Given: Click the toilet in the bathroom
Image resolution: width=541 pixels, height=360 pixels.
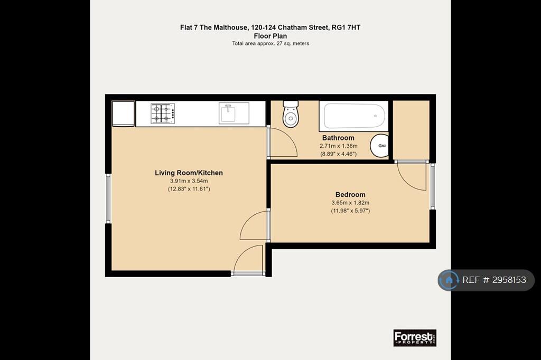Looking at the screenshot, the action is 291,113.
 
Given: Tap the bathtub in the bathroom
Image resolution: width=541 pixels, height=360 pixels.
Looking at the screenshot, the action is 353,116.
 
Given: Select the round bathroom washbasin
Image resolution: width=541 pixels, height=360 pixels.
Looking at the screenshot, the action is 379,146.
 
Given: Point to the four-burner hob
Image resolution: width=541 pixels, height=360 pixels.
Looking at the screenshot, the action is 163,113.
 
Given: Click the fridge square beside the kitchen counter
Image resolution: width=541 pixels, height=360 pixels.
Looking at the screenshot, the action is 123,113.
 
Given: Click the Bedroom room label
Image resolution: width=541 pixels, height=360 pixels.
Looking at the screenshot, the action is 350,194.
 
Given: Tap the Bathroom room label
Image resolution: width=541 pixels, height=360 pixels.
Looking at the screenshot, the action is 338,138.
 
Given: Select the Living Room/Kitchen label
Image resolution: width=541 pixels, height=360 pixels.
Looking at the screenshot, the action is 189,173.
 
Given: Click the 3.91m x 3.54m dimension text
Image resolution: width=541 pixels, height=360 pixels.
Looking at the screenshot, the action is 189,181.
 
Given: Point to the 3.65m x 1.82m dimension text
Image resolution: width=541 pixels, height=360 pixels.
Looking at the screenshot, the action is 350,203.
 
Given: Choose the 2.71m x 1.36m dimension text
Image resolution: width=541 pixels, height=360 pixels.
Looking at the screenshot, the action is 339,146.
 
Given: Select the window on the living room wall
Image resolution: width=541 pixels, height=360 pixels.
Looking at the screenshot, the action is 108,198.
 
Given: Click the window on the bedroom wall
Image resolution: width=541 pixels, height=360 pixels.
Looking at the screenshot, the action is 432,186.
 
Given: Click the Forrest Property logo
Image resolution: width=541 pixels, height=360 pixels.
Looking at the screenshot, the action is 415,338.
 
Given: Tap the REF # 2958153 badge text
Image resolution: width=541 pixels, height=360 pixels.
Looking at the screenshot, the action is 494,280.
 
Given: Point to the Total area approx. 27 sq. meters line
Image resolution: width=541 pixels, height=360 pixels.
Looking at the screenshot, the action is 270,43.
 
